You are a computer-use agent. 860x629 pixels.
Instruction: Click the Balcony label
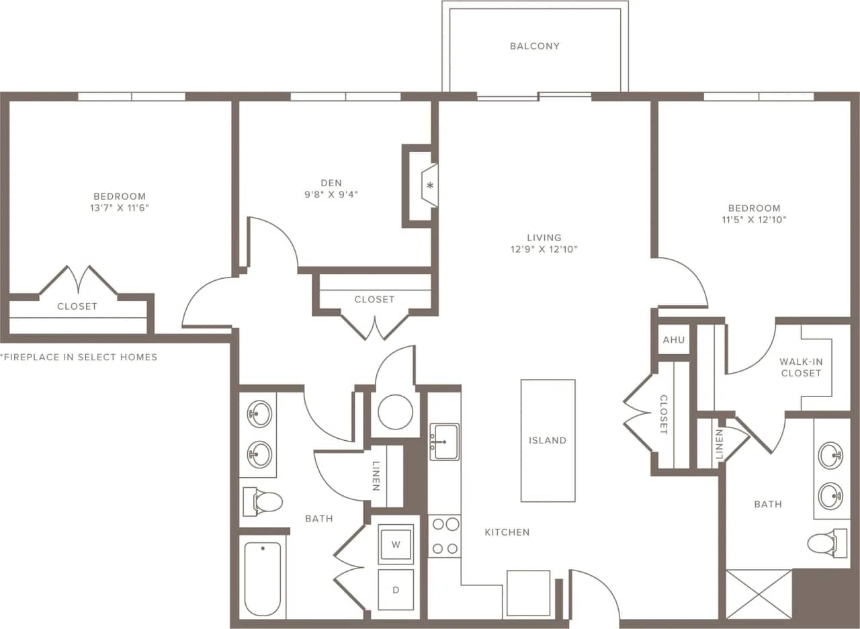click(534, 46)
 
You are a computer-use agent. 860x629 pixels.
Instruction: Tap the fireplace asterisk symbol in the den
click(430, 185)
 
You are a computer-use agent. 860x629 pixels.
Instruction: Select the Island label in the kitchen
click(548, 441)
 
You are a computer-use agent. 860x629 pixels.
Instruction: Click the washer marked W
click(396, 544)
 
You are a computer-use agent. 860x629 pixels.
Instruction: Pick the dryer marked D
click(396, 590)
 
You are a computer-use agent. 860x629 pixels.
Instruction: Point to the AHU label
click(673, 340)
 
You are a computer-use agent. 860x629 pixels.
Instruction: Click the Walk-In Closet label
click(801, 367)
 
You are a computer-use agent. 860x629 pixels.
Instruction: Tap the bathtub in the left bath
click(262, 579)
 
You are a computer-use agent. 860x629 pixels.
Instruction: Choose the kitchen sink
click(444, 442)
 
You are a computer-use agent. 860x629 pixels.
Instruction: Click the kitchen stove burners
click(444, 536)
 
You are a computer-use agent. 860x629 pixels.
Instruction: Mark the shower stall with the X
click(759, 594)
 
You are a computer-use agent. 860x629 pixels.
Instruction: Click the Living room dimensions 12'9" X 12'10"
click(544, 249)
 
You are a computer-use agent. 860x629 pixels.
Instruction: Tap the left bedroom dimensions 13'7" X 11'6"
click(119, 208)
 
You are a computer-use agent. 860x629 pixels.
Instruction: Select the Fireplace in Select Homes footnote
click(79, 357)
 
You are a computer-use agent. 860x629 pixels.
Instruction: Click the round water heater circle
click(395, 412)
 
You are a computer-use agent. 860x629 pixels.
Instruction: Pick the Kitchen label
click(507, 532)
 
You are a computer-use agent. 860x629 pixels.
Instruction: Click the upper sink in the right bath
click(831, 456)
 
